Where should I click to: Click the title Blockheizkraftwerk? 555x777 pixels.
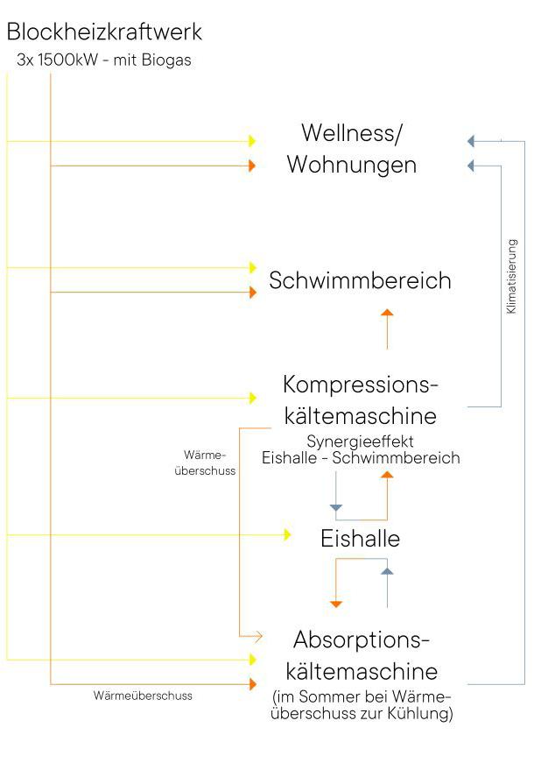103,32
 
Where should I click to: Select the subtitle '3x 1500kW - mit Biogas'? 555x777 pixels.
103,60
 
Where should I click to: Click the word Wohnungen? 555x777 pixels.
352,165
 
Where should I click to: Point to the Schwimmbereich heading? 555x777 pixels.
360,280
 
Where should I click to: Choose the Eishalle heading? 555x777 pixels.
360,538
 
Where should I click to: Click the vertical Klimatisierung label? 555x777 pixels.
511,277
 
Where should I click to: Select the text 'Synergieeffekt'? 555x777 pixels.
360,441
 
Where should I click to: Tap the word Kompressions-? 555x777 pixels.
360,385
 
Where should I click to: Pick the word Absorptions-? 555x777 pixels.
362,639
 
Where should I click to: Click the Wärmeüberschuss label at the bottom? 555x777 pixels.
143,696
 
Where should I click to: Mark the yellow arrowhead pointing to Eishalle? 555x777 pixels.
287,534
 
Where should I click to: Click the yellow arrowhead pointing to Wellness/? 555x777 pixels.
252,141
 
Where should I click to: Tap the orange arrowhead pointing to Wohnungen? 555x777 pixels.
252,166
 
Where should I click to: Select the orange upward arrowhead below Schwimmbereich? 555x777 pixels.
387,312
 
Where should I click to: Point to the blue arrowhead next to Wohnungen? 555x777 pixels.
471,166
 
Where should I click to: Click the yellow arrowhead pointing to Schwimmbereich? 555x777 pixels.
253,267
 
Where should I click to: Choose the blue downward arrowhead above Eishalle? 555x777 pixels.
335,507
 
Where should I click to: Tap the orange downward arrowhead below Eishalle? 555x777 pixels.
336,604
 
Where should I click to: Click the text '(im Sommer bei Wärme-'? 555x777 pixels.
362,697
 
